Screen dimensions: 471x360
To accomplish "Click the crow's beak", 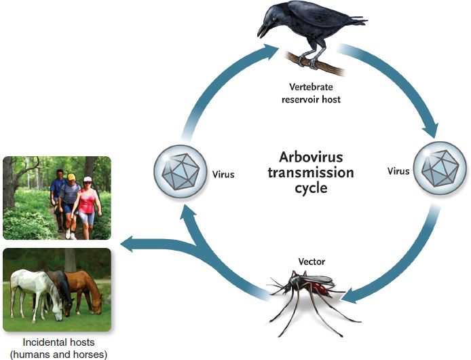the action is click(262, 31).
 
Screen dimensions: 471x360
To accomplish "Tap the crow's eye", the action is click(274, 18).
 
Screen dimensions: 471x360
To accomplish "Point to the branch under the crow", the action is click(314, 63).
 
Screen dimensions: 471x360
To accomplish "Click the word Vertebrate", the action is click(311, 87).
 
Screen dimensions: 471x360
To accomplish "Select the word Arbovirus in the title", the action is click(311, 157).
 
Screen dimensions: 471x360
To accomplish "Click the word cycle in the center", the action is click(311, 189).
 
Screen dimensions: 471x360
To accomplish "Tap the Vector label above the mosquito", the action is click(312, 262).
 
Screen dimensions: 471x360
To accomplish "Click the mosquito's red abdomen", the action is click(322, 288).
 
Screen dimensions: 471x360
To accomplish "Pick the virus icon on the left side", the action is click(181, 172).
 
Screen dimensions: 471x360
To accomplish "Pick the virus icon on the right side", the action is click(440, 168).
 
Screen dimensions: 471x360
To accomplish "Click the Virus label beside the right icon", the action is click(398, 171).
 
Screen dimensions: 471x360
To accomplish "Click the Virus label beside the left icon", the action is click(223, 175).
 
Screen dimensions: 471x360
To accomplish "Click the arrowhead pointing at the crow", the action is click(269, 51).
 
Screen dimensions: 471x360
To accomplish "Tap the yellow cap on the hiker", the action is click(71, 177).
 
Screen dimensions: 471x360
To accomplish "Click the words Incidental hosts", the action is click(58, 342).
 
